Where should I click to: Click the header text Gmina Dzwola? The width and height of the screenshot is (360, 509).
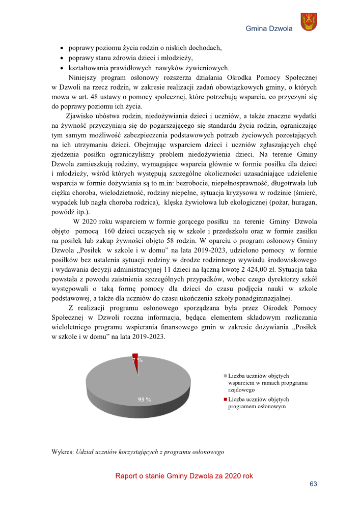(269, 29)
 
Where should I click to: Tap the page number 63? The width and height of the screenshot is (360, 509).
(314, 484)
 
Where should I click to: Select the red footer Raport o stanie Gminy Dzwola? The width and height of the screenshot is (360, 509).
(184, 476)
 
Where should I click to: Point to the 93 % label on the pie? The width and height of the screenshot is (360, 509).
(145, 399)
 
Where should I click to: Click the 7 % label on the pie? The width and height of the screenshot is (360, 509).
(137, 359)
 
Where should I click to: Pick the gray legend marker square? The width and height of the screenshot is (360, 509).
(225, 375)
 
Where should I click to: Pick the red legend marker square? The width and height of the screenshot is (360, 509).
(225, 400)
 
